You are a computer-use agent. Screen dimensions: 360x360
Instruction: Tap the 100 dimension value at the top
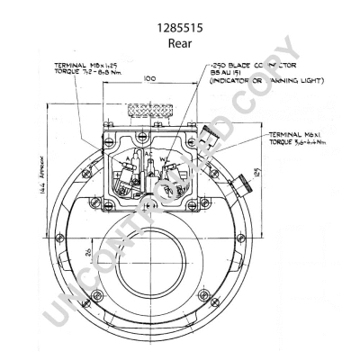click(149, 80)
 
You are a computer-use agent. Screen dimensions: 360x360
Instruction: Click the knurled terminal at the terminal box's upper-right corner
click(209, 137)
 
